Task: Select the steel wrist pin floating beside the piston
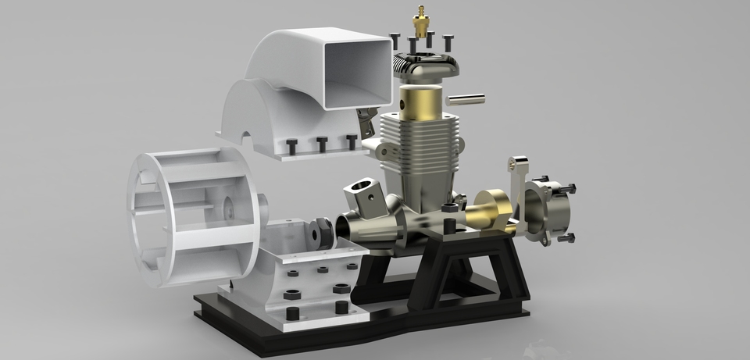pyautogui.click(x=466, y=98)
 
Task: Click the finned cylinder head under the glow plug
pyautogui.click(x=423, y=70)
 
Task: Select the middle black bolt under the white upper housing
pyautogui.click(x=321, y=144)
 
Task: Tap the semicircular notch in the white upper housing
pyautogui.click(x=248, y=144)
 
